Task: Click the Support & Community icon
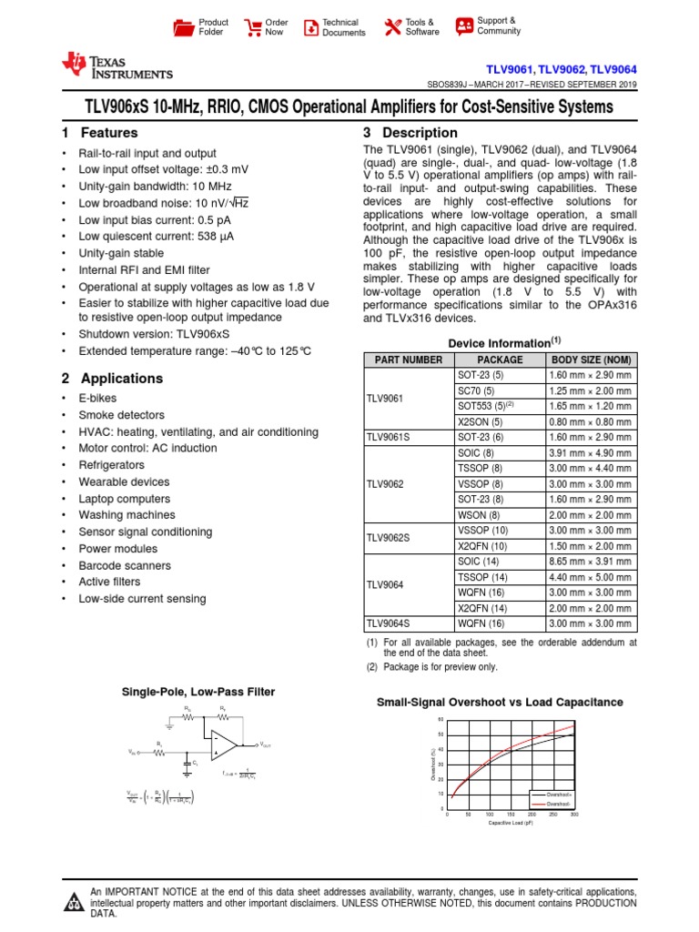[x=464, y=25]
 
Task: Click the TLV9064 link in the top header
[x=613, y=68]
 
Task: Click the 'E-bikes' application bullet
[x=97, y=398]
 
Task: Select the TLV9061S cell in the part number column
[x=389, y=437]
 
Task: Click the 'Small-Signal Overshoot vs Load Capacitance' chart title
[x=500, y=703]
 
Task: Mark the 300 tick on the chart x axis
[x=574, y=815]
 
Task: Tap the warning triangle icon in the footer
[x=73, y=902]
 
